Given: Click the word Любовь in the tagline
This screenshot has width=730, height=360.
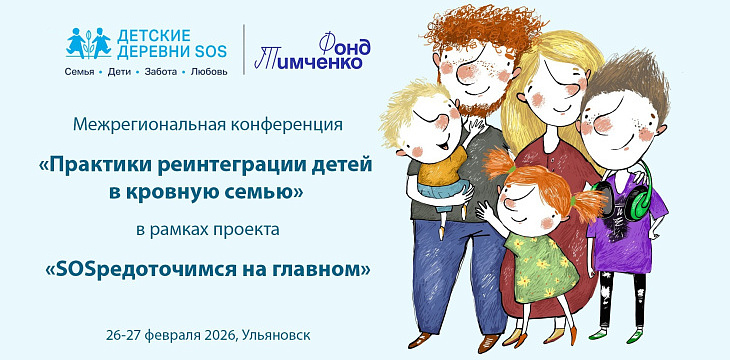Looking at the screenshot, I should click(x=209, y=71).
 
